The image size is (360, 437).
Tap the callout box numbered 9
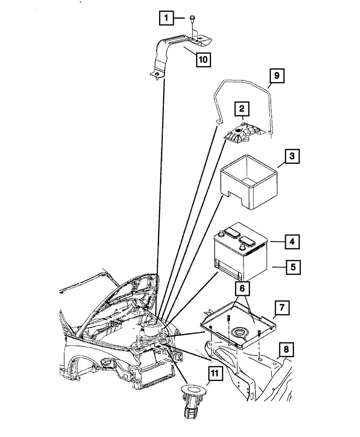276,76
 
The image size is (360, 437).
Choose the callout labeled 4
292,242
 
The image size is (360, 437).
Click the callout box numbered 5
292,267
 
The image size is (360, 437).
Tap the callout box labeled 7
282,308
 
